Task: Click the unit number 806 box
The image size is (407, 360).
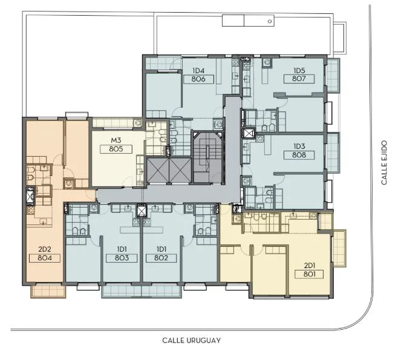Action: (198, 79)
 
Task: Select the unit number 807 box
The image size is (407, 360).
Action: (299, 79)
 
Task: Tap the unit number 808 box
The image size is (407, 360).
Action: (299, 155)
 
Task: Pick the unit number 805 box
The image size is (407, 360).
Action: (116, 149)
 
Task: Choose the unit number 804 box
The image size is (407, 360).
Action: (45, 258)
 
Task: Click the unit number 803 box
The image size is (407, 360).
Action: (122, 258)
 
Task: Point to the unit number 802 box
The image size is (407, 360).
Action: (161, 258)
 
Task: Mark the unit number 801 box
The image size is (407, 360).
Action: (309, 274)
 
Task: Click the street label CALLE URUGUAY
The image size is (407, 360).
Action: (192, 341)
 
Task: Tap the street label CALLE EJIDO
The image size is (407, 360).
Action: (384, 163)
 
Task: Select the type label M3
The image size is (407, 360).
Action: (116, 140)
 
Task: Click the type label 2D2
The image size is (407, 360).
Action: (45, 249)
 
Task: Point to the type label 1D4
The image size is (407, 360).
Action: (198, 71)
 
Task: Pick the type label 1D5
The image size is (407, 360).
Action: (299, 70)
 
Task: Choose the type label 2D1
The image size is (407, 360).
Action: (310, 266)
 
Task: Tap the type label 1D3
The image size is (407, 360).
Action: (299, 146)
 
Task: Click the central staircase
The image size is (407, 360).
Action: (207, 157)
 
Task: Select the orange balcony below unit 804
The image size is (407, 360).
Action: (48, 291)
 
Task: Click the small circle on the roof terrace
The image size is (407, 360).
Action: (270, 21)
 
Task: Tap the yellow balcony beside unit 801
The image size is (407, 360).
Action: (339, 248)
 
